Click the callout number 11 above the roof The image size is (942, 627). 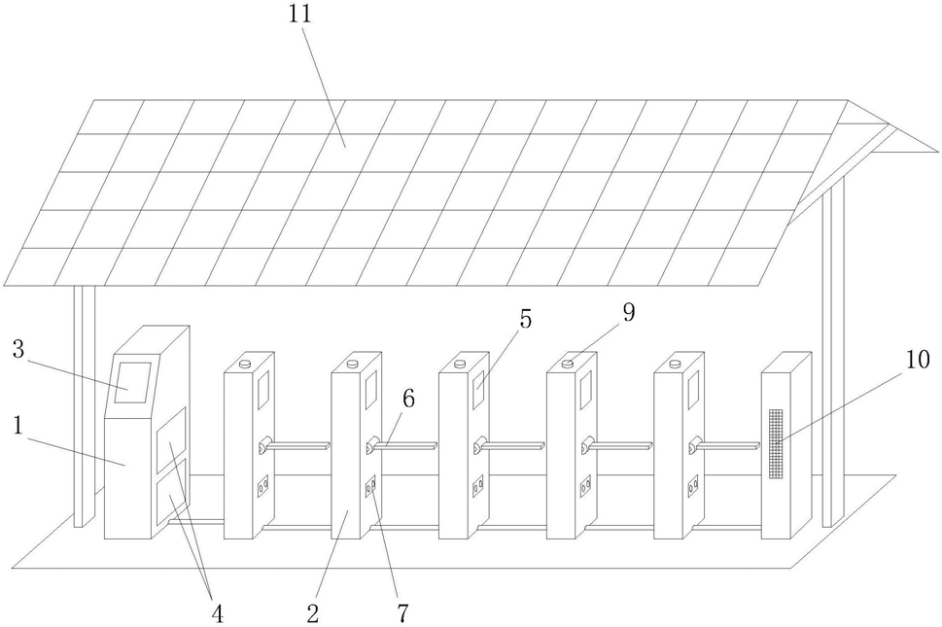point(299,14)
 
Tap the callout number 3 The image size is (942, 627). point(18,349)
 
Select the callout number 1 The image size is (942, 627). point(18,426)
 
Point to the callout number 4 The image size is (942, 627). point(217,613)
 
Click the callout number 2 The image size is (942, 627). point(312,613)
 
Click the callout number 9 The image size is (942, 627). point(628,312)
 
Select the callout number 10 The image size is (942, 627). point(918,359)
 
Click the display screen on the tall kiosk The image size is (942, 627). point(132,383)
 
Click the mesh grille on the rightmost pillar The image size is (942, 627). point(777,444)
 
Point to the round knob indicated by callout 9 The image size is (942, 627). point(567,363)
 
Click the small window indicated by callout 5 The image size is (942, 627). point(479,389)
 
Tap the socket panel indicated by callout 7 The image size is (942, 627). point(370,485)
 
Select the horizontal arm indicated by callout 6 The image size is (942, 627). point(401,445)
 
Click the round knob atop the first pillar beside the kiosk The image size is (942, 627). point(245,363)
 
